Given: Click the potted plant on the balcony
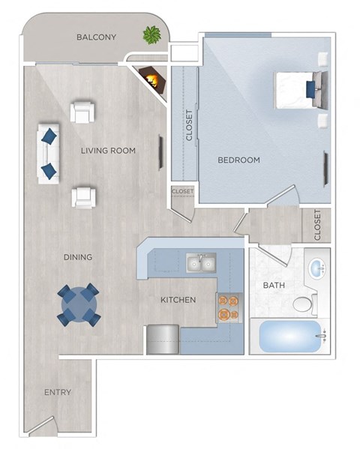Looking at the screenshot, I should coord(152,34).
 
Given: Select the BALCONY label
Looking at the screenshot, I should coord(97,37).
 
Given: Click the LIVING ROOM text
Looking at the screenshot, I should coord(109,151).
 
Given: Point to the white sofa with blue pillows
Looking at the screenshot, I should coord(48,152).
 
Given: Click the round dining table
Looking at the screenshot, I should coord(78,304).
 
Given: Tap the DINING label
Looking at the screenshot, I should coord(78,257).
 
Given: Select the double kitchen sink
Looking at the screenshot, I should coord(201,263).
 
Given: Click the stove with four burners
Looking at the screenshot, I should coord(228,306).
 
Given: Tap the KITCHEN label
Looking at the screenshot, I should coord(178,300).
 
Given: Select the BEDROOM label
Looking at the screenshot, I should coord(238,160).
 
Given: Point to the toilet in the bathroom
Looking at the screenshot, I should coord(304,304).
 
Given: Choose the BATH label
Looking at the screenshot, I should coord(274,286).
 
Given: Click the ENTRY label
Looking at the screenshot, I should coord(57,392).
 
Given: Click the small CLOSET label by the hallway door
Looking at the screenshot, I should coord(182,192).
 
